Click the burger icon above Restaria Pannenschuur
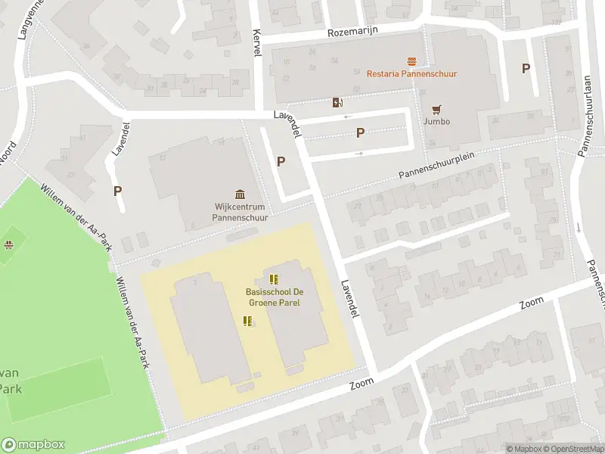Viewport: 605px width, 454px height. click(x=412, y=61)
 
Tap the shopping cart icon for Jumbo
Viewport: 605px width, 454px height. click(x=436, y=109)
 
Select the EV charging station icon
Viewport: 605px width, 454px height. click(x=337, y=102)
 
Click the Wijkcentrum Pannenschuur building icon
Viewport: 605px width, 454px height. click(x=240, y=193)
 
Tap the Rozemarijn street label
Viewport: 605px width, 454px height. click(x=352, y=31)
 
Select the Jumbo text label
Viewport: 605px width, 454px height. click(x=436, y=121)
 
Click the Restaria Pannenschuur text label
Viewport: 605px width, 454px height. click(x=411, y=73)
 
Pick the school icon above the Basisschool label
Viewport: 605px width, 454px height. click(x=274, y=279)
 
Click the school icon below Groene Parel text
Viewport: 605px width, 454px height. click(x=247, y=321)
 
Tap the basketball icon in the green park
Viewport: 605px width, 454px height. click(x=8, y=244)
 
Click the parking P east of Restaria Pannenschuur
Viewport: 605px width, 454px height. click(x=526, y=68)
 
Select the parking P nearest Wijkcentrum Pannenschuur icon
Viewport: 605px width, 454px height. click(x=281, y=160)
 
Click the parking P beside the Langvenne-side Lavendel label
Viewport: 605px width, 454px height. click(x=117, y=191)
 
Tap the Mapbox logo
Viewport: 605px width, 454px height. click(x=33, y=445)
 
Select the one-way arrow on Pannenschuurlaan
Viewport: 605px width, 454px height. click(x=577, y=227)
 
